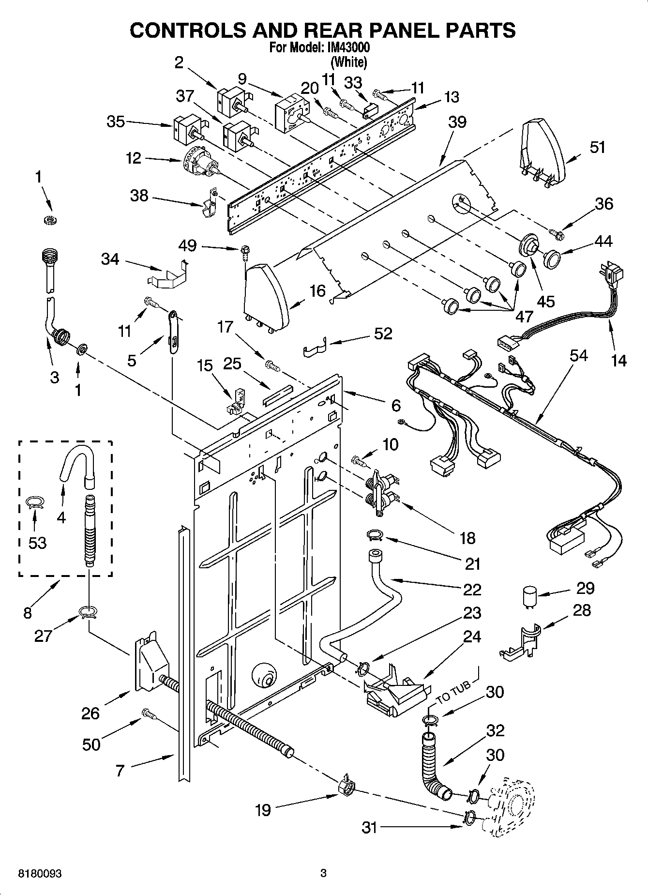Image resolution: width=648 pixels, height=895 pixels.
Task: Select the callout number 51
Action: pos(597,147)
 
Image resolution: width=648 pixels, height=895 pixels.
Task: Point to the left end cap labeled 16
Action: pos(266,296)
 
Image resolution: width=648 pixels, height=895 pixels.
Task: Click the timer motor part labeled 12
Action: pos(200,162)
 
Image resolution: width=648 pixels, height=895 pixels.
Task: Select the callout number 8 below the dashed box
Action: pos(28,613)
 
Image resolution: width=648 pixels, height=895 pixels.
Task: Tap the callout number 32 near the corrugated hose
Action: pos(495,730)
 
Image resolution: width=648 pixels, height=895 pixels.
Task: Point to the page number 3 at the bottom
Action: pos(324,874)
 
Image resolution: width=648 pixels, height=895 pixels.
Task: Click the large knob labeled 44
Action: pos(551,258)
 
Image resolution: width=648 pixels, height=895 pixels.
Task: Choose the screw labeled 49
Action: pos(244,251)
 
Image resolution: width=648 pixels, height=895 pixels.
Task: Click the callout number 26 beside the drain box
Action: pos(90,713)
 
